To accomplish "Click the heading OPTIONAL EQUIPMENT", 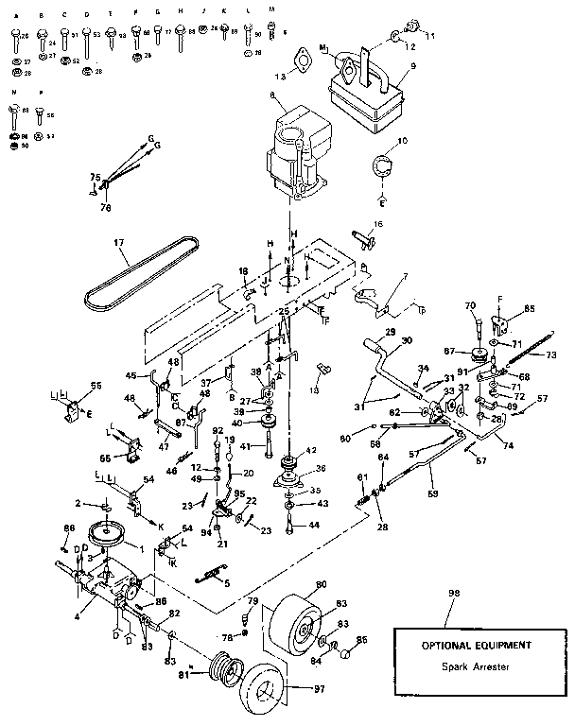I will tap(475, 645).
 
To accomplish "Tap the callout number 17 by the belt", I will tap(119, 243).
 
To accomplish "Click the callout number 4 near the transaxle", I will tap(78, 602).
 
